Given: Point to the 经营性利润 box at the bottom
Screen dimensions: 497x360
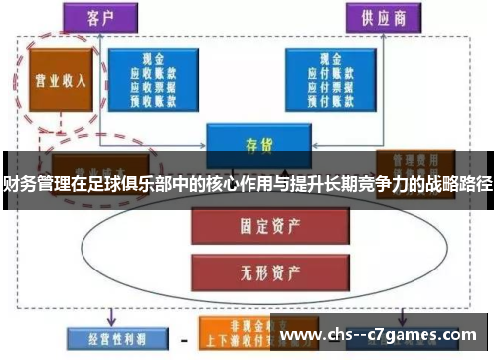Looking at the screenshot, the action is tap(108, 337).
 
